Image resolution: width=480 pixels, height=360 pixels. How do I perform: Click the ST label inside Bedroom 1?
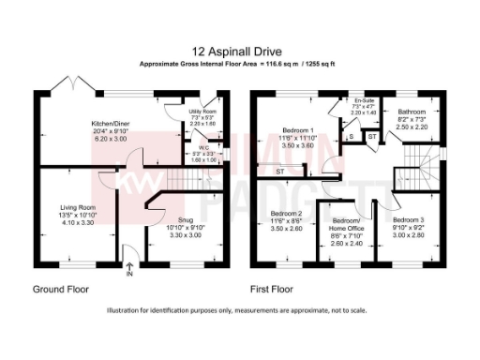[x=279, y=172]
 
